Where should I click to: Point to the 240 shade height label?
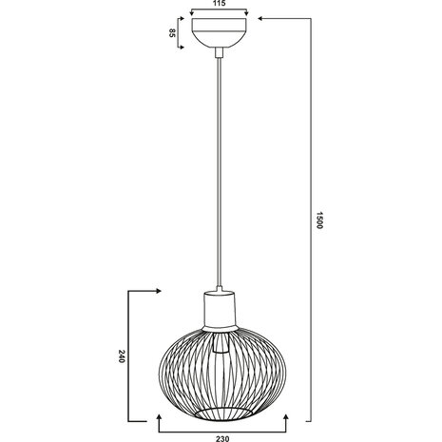(x=123, y=357)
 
